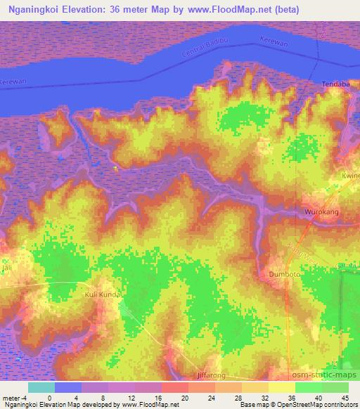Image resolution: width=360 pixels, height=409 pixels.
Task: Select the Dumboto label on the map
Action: tap(285, 274)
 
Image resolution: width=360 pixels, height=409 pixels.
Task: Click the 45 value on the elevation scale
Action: tap(345, 397)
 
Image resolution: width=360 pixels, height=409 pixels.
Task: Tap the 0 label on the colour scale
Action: tap(49, 397)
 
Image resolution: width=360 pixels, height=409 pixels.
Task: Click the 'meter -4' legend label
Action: tap(15, 397)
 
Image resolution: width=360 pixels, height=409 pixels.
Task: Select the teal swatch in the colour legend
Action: tap(41, 387)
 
